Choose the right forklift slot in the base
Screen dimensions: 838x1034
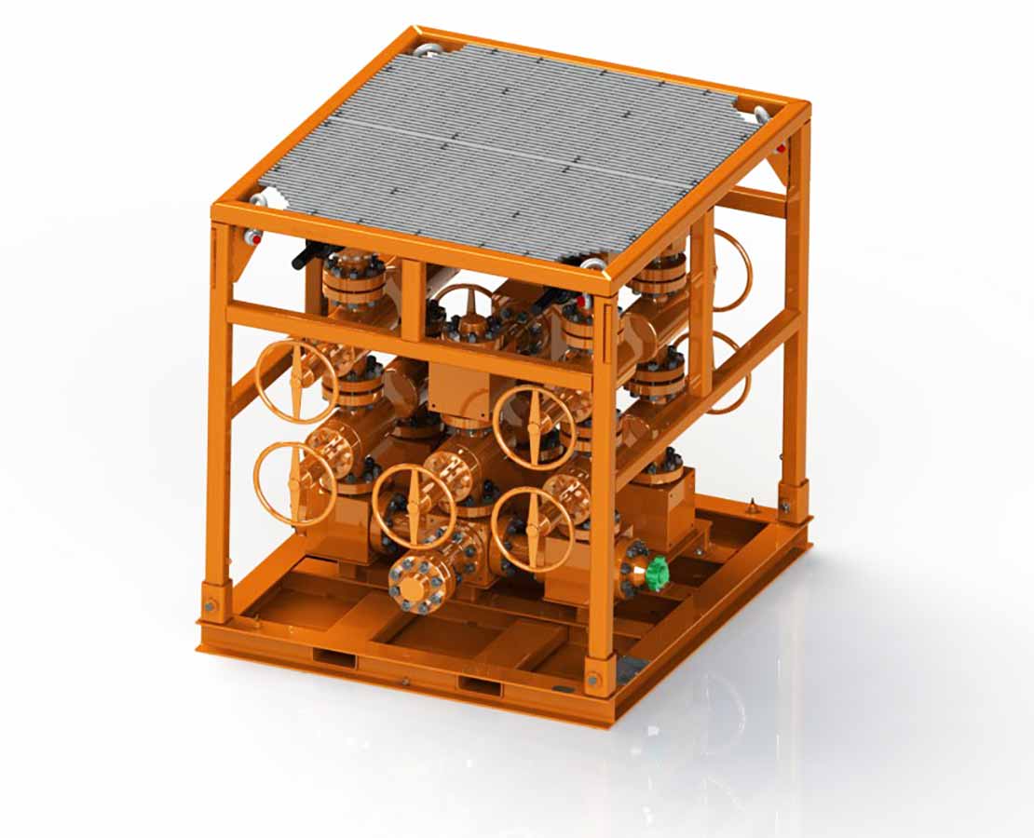[480, 686]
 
